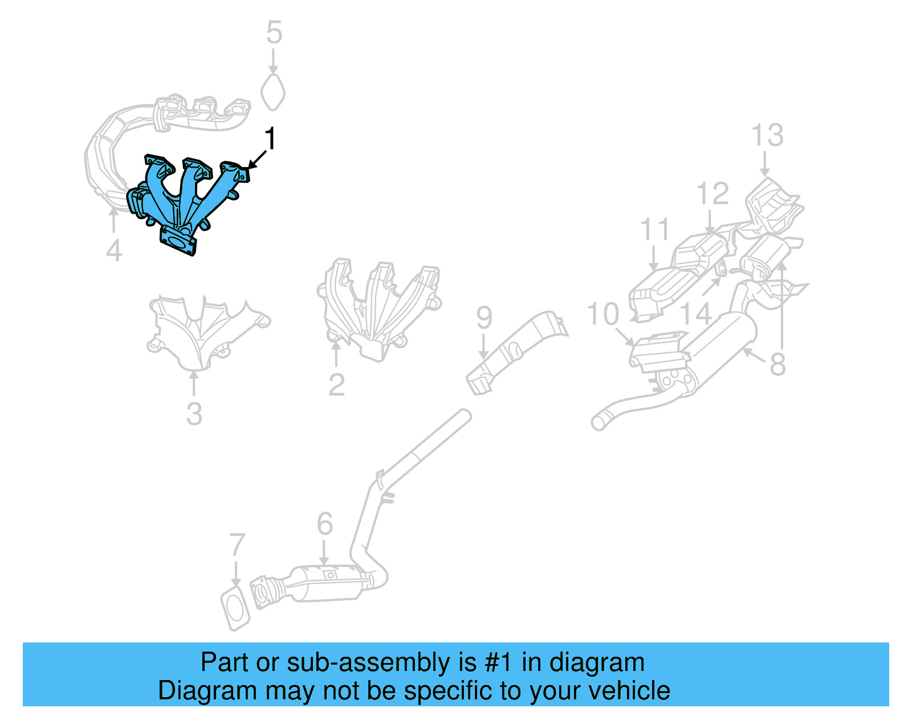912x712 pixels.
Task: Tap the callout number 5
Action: tap(274, 33)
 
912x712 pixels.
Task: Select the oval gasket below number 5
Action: tap(273, 92)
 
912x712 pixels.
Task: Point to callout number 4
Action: tap(114, 251)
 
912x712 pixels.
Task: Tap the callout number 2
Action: tap(336, 385)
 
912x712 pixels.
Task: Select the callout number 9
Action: tap(484, 318)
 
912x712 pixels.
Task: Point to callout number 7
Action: tap(237, 545)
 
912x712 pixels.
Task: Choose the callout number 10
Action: tap(602, 314)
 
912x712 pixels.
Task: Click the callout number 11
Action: tap(654, 230)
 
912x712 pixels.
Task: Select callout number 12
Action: tap(712, 194)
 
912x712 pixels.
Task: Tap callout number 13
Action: tap(767, 136)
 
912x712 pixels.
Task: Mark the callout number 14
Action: tap(696, 314)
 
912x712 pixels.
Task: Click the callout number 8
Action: tap(777, 364)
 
